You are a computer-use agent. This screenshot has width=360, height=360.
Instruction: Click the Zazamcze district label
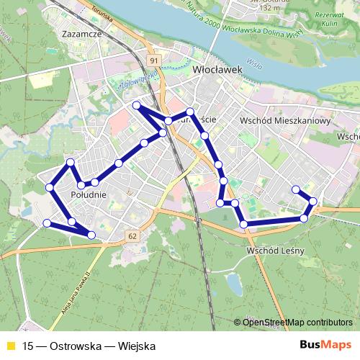[x=84, y=33]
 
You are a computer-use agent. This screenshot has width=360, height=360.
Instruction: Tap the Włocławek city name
[x=215, y=71]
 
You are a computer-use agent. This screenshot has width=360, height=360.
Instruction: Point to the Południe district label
[x=89, y=194]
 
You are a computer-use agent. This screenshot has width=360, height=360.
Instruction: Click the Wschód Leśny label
[x=276, y=250]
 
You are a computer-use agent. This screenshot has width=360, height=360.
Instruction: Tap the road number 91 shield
[x=154, y=60]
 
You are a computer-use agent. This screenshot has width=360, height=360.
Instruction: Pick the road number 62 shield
[x=133, y=235]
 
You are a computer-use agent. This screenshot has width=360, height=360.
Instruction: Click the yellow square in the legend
[x=11, y=346]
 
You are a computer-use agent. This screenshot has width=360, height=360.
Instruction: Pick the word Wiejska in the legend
[x=137, y=346]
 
